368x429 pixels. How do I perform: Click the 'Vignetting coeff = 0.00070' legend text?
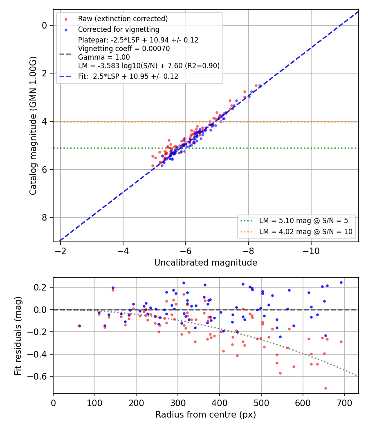point(124,49)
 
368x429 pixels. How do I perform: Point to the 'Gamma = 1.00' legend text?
point(104,57)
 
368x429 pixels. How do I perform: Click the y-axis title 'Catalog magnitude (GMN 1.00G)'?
point(33,125)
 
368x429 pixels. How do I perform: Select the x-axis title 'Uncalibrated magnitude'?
point(206,263)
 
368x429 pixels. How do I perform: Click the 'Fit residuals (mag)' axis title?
point(18,336)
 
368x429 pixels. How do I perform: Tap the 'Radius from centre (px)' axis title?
point(206,415)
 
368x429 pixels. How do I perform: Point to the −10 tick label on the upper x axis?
point(311,251)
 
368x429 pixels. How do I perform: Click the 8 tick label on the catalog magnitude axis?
point(44,217)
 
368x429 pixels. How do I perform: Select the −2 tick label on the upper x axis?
point(60,251)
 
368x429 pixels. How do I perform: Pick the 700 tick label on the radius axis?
point(344,403)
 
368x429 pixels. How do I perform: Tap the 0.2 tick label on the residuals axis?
point(40,288)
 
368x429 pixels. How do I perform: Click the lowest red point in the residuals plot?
point(325,388)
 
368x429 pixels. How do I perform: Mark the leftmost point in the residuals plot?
point(79,326)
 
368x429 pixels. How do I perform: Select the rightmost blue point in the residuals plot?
point(341,282)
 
